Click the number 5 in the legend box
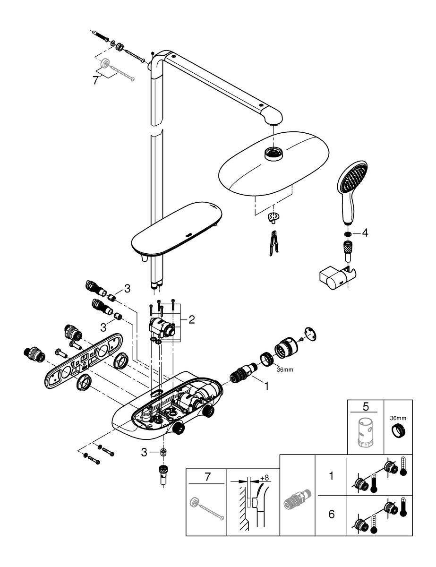tap(365, 407)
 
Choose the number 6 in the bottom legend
tap(331, 514)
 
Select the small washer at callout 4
tap(348, 233)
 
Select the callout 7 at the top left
tap(96, 80)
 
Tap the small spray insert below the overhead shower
tap(273, 217)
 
